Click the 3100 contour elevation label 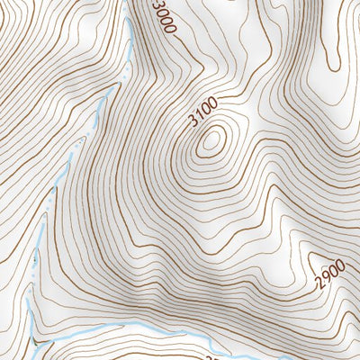(x=204, y=114)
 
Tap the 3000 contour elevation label (x=163, y=17)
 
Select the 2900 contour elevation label (x=330, y=270)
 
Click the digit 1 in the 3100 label (x=201, y=118)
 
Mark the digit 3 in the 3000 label (x=157, y=5)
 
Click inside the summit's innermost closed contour (x=212, y=139)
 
